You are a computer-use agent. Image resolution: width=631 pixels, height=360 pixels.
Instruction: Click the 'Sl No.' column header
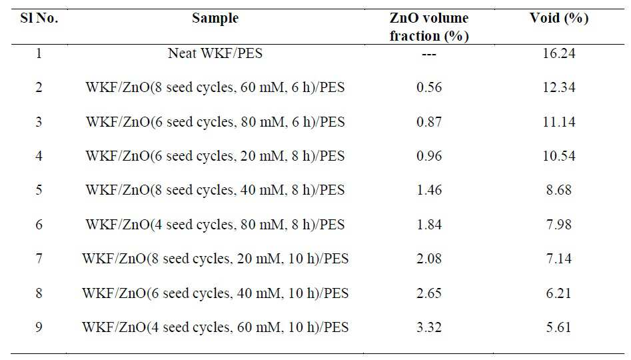pyautogui.click(x=39, y=18)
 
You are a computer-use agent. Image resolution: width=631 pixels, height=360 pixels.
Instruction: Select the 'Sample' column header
pyautogui.click(x=215, y=19)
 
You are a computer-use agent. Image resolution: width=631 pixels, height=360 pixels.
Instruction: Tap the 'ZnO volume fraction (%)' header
pyautogui.click(x=429, y=27)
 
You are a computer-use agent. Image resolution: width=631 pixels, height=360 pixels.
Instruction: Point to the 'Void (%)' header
pyautogui.click(x=558, y=19)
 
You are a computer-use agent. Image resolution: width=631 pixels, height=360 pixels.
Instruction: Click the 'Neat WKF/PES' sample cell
pyautogui.click(x=215, y=53)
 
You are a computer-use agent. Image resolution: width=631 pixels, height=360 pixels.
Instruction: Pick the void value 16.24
pyautogui.click(x=558, y=53)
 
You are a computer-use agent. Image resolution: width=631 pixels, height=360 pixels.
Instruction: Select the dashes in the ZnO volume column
pyautogui.click(x=429, y=55)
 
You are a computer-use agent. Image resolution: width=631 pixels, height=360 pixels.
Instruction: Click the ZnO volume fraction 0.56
pyautogui.click(x=429, y=87)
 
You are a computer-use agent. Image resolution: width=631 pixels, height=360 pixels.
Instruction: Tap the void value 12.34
pyautogui.click(x=558, y=87)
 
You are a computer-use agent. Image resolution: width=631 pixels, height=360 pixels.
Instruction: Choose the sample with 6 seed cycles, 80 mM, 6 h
pyautogui.click(x=215, y=122)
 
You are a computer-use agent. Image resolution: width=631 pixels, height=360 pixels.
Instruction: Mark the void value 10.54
pyautogui.click(x=558, y=156)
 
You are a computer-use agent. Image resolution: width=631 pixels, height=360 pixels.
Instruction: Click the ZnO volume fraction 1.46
pyautogui.click(x=429, y=190)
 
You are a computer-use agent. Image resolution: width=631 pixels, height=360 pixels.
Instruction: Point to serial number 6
pyautogui.click(x=39, y=224)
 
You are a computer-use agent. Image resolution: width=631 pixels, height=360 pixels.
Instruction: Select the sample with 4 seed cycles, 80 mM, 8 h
pyautogui.click(x=215, y=225)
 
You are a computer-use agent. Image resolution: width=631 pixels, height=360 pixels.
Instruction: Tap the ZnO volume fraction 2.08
pyautogui.click(x=429, y=259)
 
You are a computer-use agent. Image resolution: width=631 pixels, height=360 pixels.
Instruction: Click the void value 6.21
pyautogui.click(x=558, y=293)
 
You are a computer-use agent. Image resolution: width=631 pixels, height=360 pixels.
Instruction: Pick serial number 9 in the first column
pyautogui.click(x=39, y=327)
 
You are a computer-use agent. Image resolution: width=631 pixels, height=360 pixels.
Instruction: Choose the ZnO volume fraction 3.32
pyautogui.click(x=429, y=327)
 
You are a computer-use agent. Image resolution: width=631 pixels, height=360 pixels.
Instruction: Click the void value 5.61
pyautogui.click(x=558, y=327)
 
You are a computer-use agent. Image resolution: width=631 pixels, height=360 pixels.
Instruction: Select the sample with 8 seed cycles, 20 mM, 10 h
pyautogui.click(x=215, y=259)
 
